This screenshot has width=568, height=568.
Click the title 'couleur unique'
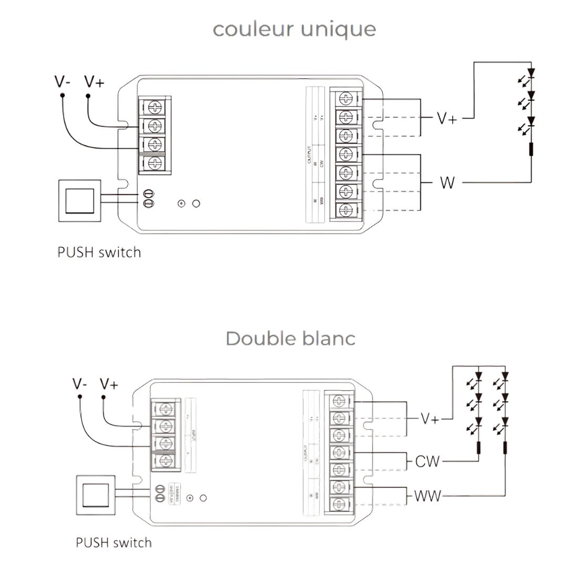(294, 29)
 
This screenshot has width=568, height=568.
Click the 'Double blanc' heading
(290, 338)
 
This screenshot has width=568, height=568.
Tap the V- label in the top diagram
(63, 82)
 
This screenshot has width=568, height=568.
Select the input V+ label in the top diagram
(94, 82)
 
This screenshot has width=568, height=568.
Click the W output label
(447, 183)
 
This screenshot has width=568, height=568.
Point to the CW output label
(427, 462)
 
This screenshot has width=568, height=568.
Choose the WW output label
(428, 495)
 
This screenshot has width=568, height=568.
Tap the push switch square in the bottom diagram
(95, 496)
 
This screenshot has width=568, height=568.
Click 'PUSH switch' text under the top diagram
(99, 252)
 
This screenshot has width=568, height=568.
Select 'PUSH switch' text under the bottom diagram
(114, 542)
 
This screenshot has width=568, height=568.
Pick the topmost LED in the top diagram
(531, 73)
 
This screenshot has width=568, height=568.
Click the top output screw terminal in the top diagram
(346, 98)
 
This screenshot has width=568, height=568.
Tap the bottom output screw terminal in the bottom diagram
(339, 504)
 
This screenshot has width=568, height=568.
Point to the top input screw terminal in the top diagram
(155, 107)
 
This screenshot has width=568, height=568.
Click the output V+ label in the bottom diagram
(430, 419)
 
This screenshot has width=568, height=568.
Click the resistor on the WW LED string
(505, 448)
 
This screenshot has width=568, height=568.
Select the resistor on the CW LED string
(479, 448)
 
